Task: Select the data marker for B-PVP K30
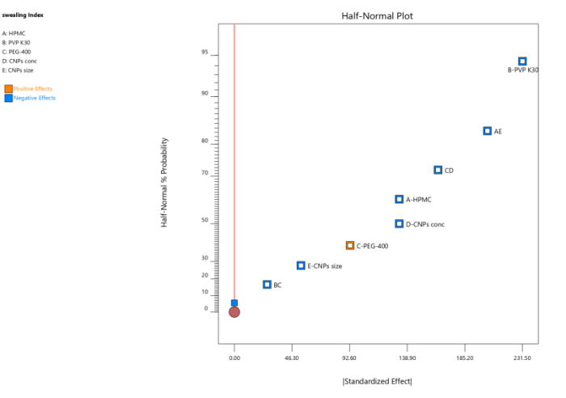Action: pyautogui.click(x=522, y=61)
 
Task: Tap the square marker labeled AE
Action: pyautogui.click(x=488, y=131)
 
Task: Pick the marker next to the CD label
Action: pyautogui.click(x=438, y=170)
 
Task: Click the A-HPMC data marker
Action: pyautogui.click(x=399, y=199)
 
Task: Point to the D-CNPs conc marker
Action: pyautogui.click(x=399, y=224)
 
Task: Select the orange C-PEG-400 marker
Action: pyautogui.click(x=350, y=246)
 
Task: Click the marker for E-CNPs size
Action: pyautogui.click(x=301, y=265)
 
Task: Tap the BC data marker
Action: pyautogui.click(x=267, y=285)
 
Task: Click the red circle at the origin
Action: pyautogui.click(x=234, y=311)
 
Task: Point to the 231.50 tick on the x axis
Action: pyautogui.click(x=522, y=357)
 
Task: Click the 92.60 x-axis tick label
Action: pyautogui.click(x=349, y=357)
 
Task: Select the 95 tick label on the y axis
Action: pyautogui.click(x=205, y=53)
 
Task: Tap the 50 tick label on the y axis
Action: pyautogui.click(x=205, y=220)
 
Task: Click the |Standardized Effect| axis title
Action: pyautogui.click(x=377, y=382)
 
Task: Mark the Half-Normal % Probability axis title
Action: pyautogui.click(x=164, y=181)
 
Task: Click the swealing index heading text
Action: pyautogui.click(x=17, y=15)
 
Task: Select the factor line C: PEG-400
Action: pyautogui.click(x=18, y=52)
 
